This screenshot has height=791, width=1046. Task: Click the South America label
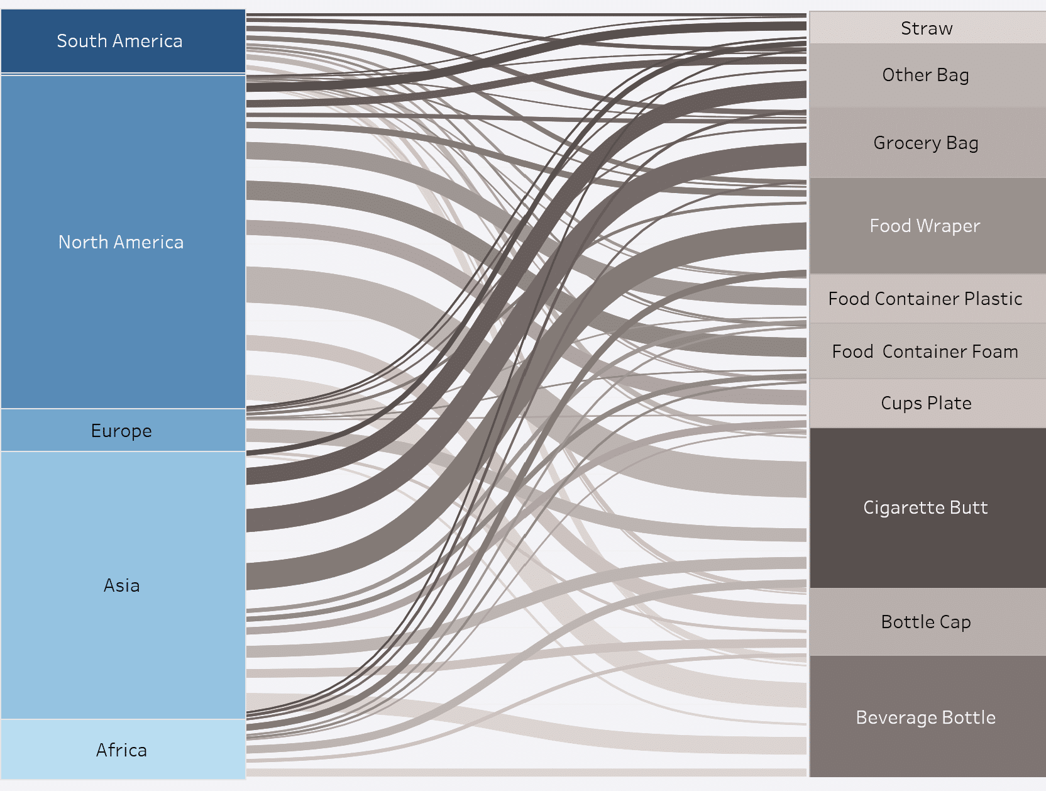pos(119,41)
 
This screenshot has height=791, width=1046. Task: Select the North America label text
pos(121,242)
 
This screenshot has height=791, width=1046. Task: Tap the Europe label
pos(121,431)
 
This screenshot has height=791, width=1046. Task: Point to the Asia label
pos(121,585)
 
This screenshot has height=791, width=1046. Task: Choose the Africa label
pos(121,750)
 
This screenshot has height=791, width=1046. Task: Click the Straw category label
pos(927,28)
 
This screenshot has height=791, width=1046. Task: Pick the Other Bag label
pos(925,75)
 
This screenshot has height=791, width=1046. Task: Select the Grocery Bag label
pos(926,143)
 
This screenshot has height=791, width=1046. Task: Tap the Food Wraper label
pos(925,226)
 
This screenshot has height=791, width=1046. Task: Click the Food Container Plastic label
pos(925,299)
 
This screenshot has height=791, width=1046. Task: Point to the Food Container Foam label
pos(925,351)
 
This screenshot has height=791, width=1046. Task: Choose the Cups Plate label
pos(926,403)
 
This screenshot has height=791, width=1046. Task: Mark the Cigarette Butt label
pos(925,507)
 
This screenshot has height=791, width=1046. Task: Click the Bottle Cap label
pos(926,622)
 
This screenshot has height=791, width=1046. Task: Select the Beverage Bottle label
pos(925,717)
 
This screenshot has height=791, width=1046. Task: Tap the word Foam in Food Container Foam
pos(994,351)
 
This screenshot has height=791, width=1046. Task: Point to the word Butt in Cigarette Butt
pos(969,507)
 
